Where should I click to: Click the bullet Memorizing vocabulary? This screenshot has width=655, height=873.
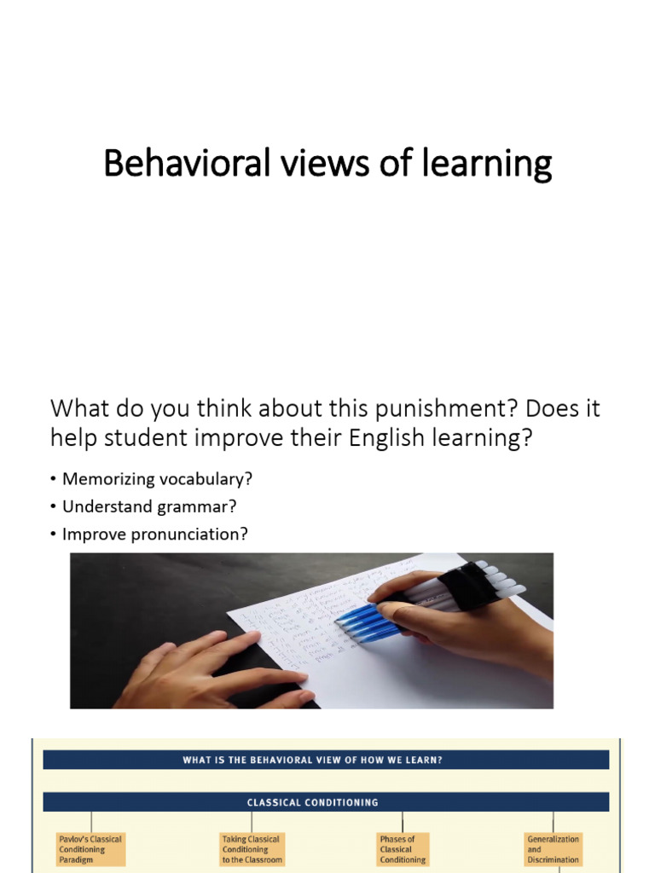(x=157, y=479)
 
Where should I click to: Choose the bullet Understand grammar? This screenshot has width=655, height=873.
(x=148, y=506)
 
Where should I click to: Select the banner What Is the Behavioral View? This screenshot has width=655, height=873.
(x=326, y=760)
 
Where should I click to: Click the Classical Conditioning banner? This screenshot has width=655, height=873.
(x=326, y=802)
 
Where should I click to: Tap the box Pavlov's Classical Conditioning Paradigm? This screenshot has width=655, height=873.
(x=90, y=849)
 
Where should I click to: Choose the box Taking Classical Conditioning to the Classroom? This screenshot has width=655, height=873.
(x=251, y=849)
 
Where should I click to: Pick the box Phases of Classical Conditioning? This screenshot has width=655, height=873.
(x=402, y=849)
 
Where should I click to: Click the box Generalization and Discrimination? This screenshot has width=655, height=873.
(x=554, y=849)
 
